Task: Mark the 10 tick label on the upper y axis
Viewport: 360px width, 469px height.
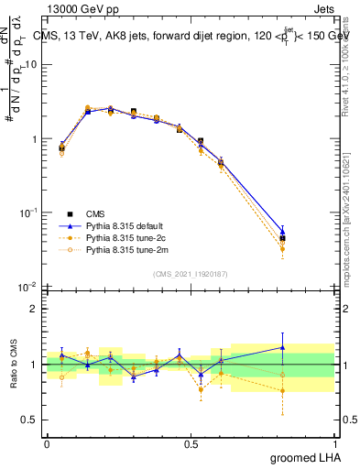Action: pyautogui.click(x=31, y=65)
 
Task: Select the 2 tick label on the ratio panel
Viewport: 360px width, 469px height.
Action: pyautogui.click(x=34, y=309)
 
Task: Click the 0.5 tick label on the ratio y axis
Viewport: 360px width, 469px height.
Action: pyautogui.click(x=29, y=420)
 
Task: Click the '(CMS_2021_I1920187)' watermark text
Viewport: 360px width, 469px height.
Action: pyautogui.click(x=191, y=274)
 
